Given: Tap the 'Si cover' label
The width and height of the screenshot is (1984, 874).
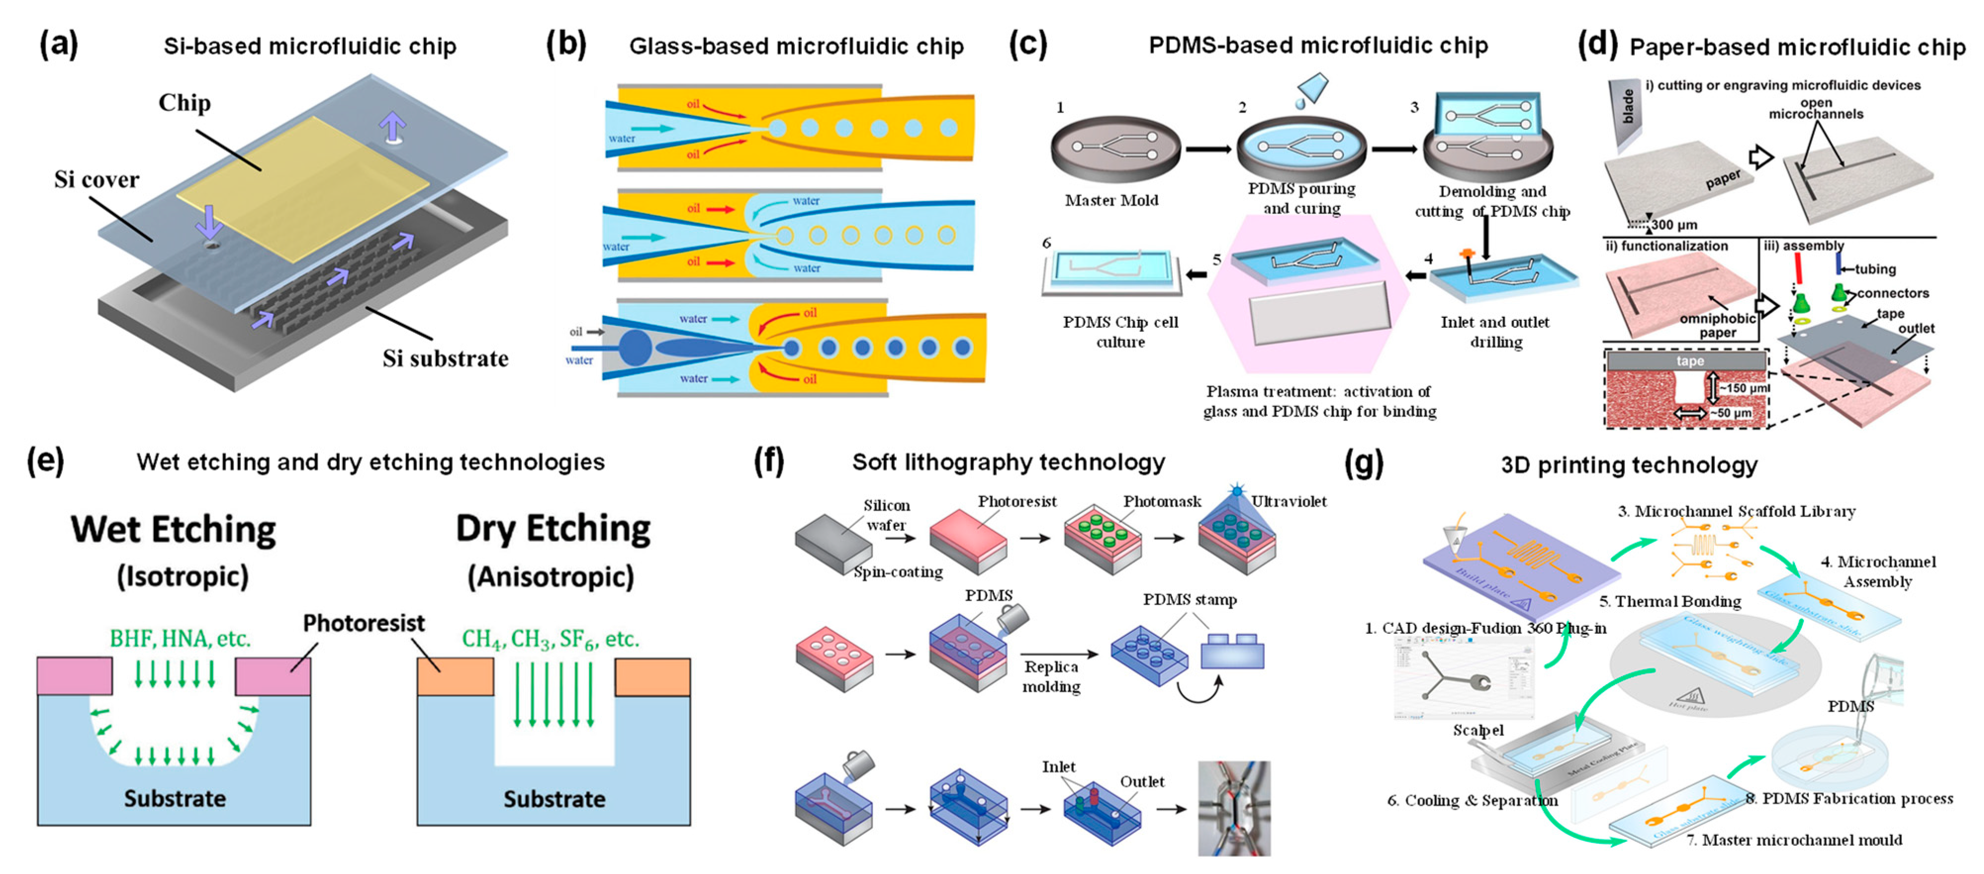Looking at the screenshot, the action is (x=96, y=179).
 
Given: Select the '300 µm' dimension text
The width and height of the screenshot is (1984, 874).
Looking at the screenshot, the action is (x=1674, y=225).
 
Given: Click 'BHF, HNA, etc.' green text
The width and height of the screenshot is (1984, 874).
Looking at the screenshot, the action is (x=180, y=638).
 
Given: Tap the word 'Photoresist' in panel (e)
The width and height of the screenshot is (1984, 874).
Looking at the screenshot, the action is (x=364, y=623).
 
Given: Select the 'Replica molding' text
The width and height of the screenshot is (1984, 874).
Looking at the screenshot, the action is (x=1051, y=676).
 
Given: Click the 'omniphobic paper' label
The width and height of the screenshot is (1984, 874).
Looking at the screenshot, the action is (x=1717, y=325).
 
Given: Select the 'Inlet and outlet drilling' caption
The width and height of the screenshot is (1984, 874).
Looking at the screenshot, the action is (x=1495, y=332).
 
